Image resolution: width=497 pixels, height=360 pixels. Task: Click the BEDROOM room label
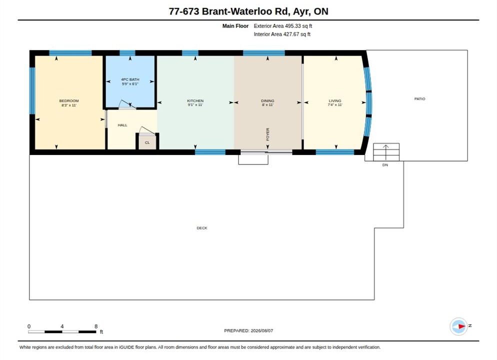coord(69,101)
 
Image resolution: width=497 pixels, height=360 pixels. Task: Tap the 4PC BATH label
coord(130,79)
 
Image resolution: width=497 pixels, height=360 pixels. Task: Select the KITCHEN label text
coord(195,101)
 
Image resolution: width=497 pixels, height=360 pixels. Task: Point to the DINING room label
coord(267,101)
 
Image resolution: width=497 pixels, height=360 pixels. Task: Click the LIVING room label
coord(335,101)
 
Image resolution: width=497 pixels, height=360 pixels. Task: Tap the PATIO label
coord(419,99)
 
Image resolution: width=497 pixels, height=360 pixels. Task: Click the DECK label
coord(202,228)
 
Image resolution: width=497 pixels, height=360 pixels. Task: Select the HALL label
coord(122,125)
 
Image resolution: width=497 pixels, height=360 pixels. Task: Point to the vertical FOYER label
coord(267,134)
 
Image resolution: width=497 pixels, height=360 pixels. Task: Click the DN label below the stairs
coord(385,165)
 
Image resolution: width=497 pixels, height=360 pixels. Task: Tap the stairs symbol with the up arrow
coord(386,152)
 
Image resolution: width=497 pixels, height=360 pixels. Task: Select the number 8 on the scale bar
coord(96,326)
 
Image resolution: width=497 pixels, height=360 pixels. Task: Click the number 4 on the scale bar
coord(62,326)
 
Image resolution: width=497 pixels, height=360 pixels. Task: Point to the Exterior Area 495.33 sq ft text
coord(282,26)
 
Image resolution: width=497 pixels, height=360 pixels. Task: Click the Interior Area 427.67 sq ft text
coord(282,34)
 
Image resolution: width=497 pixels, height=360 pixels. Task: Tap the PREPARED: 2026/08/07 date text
coord(248,330)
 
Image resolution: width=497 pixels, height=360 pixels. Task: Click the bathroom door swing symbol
coord(127,104)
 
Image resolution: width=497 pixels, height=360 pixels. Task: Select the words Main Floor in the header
coord(235,26)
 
